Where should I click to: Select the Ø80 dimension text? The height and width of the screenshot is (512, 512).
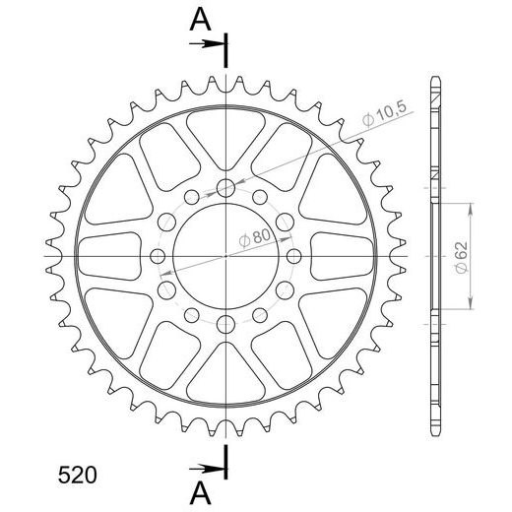tap(255, 237)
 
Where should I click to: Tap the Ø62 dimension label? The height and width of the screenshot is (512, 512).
tap(461, 258)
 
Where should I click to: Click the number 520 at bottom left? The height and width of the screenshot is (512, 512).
tap(78, 475)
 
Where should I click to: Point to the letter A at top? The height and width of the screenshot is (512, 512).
tap(200, 20)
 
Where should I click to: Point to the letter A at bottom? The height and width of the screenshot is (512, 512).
tap(200, 494)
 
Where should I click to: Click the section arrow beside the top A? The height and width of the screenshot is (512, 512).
tap(208, 43)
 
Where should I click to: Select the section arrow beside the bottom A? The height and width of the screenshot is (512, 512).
tap(208, 469)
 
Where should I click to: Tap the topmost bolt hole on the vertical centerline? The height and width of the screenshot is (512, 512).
tap(225, 188)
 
